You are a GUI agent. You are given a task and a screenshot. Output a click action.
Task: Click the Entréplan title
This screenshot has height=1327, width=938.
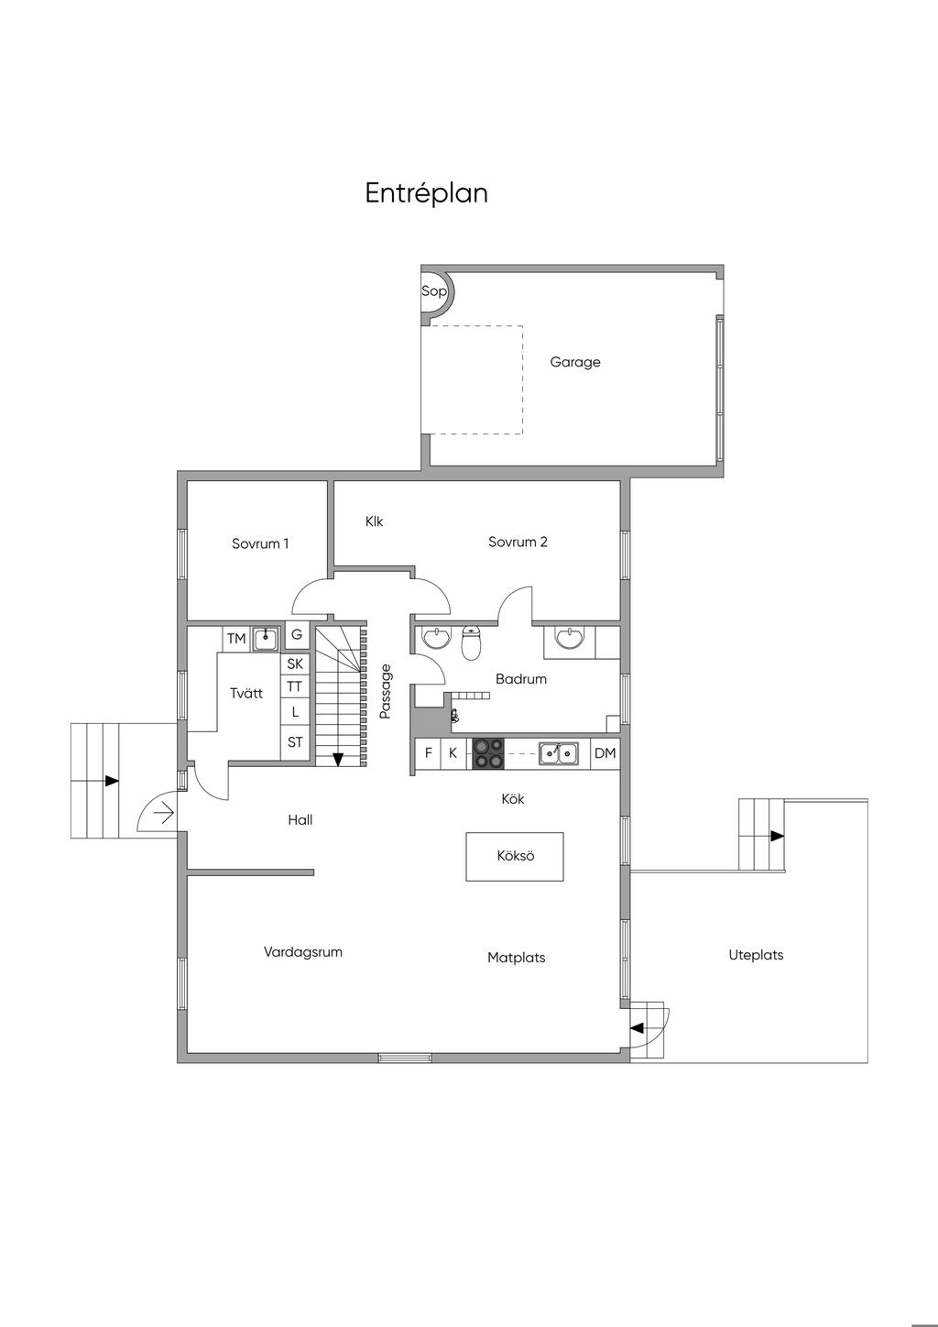click(426, 193)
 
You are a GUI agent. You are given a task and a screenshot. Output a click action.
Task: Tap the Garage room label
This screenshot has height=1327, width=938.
click(574, 362)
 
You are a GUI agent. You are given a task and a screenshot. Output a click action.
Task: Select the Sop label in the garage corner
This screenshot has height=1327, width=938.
click(433, 291)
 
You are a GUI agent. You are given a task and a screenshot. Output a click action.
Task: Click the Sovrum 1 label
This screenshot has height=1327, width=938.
click(260, 543)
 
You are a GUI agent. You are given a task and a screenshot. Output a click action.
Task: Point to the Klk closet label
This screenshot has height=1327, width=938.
click(374, 521)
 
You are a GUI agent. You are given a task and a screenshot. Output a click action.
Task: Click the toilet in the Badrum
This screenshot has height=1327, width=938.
click(472, 642)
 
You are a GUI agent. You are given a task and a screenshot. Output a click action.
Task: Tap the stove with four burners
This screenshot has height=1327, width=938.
click(488, 753)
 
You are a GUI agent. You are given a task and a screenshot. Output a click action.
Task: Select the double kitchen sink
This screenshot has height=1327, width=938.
click(558, 753)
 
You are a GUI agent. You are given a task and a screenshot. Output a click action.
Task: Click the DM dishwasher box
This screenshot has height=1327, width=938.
click(605, 753)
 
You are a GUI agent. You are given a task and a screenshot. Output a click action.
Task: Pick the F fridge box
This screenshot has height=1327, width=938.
click(428, 753)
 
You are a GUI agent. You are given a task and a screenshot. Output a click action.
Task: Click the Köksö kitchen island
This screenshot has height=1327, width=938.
click(515, 856)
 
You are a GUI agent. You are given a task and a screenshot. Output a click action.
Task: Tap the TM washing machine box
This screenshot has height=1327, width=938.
click(235, 639)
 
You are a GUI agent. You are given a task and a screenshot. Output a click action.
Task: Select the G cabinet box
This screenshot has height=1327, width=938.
click(297, 634)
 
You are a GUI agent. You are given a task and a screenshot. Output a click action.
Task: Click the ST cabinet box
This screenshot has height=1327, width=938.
click(295, 742)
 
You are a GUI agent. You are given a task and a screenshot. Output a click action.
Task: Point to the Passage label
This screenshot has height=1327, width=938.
click(386, 691)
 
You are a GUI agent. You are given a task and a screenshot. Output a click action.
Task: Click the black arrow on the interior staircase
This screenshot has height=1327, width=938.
click(337, 759)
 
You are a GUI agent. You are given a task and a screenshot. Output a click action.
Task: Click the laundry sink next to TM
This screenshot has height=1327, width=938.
click(266, 639)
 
